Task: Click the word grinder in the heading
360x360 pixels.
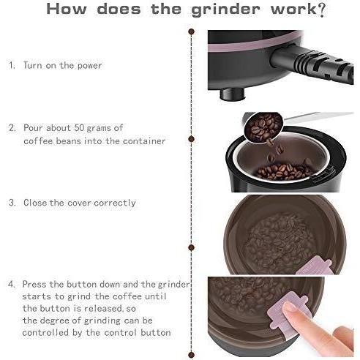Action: click(x=225, y=10)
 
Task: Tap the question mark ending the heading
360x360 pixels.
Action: click(x=322, y=10)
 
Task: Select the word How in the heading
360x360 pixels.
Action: click(x=67, y=9)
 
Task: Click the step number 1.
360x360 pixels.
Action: click(x=12, y=65)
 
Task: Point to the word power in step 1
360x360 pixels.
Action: click(x=89, y=66)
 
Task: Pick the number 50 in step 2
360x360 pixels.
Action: click(x=78, y=127)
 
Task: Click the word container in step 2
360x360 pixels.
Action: click(x=144, y=141)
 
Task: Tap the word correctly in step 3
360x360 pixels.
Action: click(x=115, y=203)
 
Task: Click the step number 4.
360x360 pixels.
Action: click(x=12, y=284)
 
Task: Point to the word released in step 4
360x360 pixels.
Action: click(x=102, y=309)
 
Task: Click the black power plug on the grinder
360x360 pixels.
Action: click(x=312, y=64)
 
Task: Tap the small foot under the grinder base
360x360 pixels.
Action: click(x=233, y=94)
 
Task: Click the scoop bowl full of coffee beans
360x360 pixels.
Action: click(x=263, y=127)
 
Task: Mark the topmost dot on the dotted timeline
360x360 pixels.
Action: click(x=192, y=31)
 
